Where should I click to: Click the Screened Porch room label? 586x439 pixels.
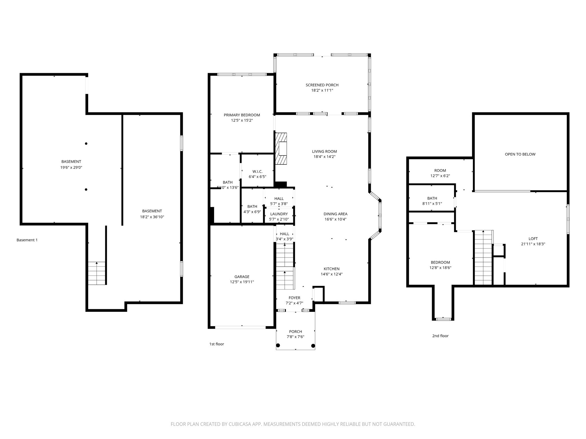coord(322,85)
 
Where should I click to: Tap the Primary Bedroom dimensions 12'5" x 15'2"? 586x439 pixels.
coord(242,120)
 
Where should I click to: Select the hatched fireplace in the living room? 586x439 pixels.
coord(281,149)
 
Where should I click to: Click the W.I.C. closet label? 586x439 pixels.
coord(257,171)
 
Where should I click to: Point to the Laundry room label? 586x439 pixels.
coord(279,214)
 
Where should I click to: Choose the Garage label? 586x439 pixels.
coord(242,277)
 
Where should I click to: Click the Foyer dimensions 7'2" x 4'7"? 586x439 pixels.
coord(294,303)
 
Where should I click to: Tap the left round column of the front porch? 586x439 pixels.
coord(278,346)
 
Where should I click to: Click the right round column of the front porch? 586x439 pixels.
coord(313,346)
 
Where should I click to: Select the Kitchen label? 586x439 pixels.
coord(331,269)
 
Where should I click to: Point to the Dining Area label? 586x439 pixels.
coord(335,214)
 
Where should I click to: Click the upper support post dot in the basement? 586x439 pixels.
coord(86,143)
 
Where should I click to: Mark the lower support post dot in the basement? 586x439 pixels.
coord(86,189)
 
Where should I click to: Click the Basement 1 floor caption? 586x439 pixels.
coord(27,240)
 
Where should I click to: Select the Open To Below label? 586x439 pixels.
coord(520,154)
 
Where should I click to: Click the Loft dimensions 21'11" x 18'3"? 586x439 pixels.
coord(533,244)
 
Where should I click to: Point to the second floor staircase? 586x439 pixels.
coord(483,257)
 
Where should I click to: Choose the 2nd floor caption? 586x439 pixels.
coord(440,336)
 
